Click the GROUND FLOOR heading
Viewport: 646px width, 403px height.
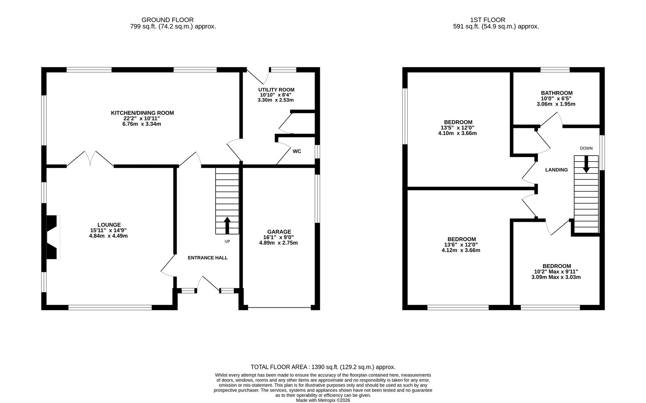pos(167,20)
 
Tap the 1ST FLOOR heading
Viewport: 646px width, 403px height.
pos(488,20)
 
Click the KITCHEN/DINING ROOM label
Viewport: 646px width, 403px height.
pos(142,113)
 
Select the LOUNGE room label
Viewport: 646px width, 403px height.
pos(109,225)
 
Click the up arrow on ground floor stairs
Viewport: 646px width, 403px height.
pos(227,225)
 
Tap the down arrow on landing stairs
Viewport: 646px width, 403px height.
pos(586,165)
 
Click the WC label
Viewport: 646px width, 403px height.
pos(297,151)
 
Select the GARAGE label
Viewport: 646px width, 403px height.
pos(279,232)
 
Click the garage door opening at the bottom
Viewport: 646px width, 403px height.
pos(279,307)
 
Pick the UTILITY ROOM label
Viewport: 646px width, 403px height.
pos(276,90)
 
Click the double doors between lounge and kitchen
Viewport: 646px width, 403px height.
pos(90,159)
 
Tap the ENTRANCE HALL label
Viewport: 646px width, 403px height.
pos(207,258)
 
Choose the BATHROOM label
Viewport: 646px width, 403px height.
pos(557,93)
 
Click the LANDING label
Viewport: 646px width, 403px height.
pos(556,170)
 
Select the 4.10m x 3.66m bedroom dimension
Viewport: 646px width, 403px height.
pos(457,133)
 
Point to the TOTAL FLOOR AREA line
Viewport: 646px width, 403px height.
pos(323,367)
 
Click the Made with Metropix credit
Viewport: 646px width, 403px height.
pos(323,400)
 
